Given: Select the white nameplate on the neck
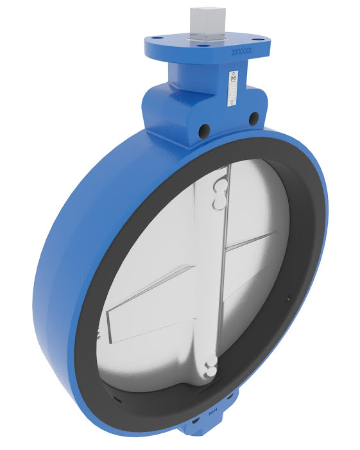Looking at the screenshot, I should (232, 89).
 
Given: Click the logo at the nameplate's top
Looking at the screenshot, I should (232, 78).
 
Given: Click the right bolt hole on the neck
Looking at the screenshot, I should (253, 117).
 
